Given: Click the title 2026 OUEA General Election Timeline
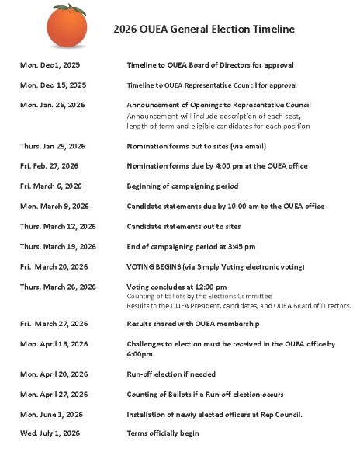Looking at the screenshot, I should click(204, 30).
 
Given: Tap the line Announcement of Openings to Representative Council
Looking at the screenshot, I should click(219, 105).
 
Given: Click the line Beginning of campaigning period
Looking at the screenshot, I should click(182, 186).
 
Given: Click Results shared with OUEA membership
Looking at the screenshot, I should click(193, 323).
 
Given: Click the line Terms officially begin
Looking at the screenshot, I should click(163, 433).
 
